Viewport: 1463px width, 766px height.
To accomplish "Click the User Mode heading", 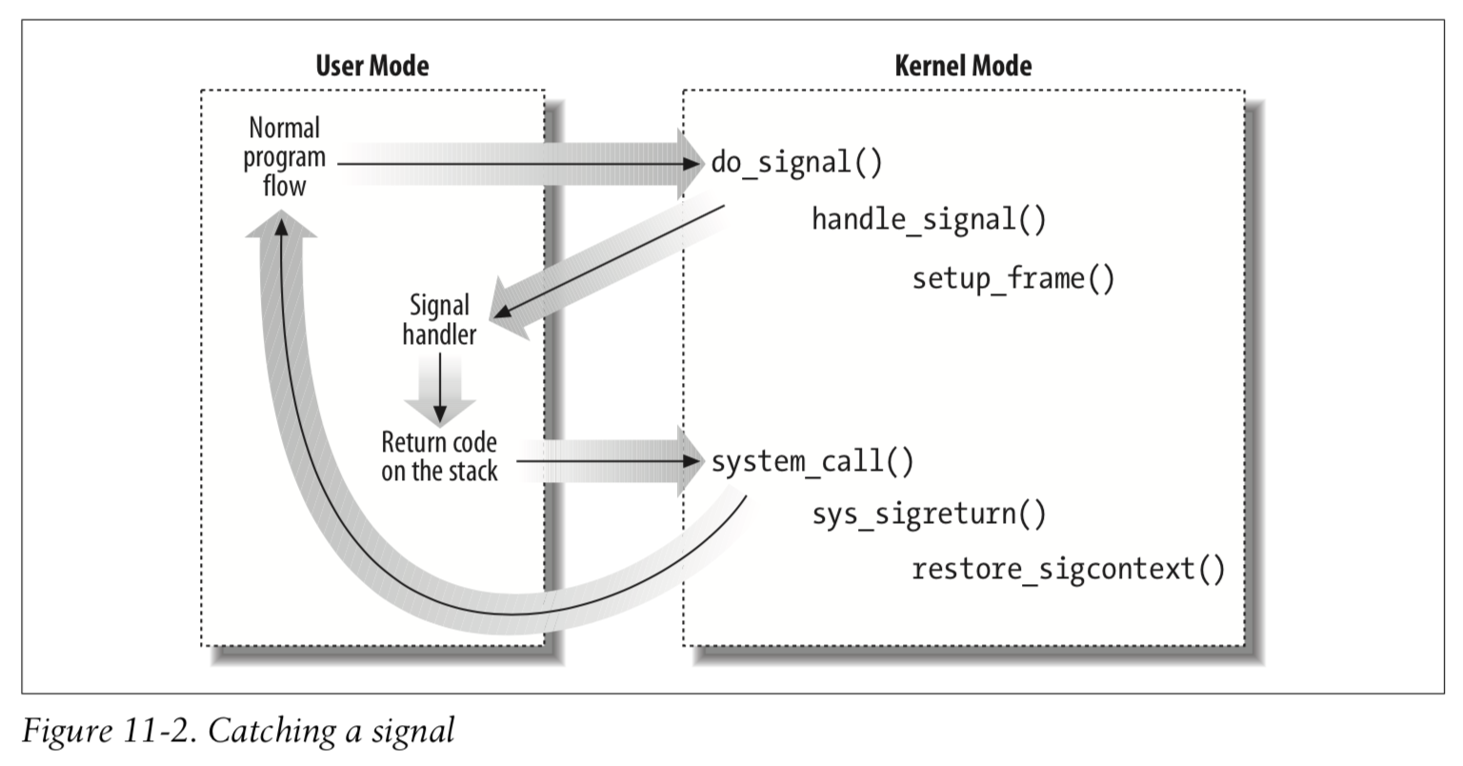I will tap(371, 66).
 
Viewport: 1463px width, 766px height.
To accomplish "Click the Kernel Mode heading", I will tap(963, 66).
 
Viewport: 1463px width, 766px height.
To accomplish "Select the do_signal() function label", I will tap(797, 162).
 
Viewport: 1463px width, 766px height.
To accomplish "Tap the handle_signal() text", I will tap(929, 220).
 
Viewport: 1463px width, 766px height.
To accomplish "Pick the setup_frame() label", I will tap(1012, 278).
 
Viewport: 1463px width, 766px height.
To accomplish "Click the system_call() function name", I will tap(812, 462).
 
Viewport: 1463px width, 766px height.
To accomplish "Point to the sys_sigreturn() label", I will tap(929, 514).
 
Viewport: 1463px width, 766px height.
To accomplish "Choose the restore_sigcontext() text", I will tap(1068, 570).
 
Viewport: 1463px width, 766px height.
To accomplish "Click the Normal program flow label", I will tap(284, 156).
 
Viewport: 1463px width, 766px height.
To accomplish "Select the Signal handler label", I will tap(439, 319).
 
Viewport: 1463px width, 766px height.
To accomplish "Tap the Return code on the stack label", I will tap(439, 456).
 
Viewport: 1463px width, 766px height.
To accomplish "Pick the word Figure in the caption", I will tap(62, 731).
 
